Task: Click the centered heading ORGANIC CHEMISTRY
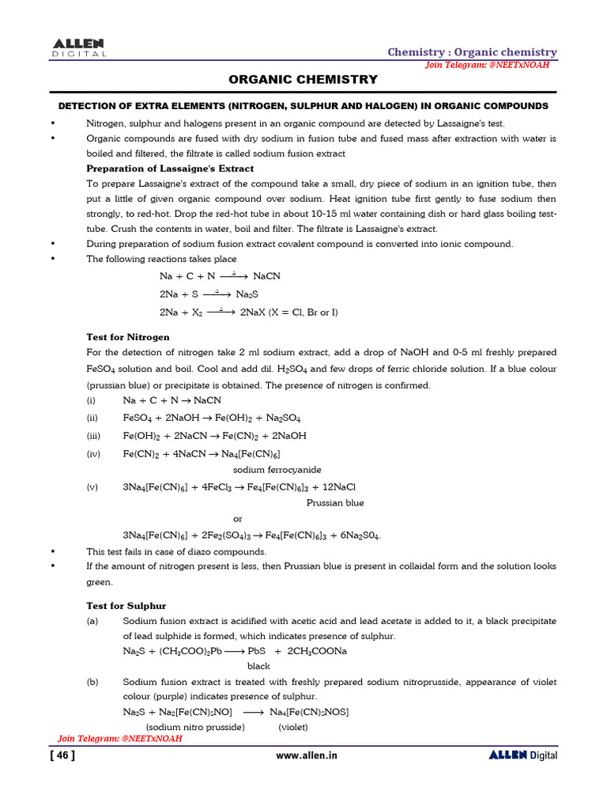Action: tap(303, 80)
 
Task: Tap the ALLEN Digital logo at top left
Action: tap(79, 47)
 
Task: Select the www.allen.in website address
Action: tap(307, 755)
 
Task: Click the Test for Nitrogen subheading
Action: tap(128, 337)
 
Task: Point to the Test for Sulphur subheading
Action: tap(126, 606)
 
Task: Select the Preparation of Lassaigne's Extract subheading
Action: tap(170, 168)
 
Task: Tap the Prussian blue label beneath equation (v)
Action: tap(335, 502)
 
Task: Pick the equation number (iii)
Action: tap(93, 436)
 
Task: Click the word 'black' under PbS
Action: tap(258, 666)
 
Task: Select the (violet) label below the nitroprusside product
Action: tap(293, 727)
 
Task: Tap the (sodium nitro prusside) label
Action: tap(195, 727)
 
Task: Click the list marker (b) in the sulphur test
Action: tap(92, 682)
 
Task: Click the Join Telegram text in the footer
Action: tap(120, 738)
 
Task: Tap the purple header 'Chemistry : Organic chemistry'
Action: tap(472, 52)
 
